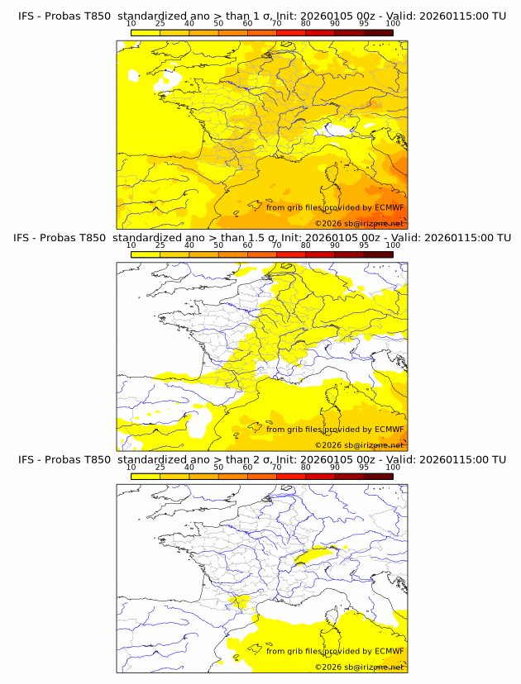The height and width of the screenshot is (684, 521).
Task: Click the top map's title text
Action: [x=261, y=16]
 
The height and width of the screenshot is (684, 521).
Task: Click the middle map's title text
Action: [x=261, y=238]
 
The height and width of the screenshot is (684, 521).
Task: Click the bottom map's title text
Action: [x=261, y=459]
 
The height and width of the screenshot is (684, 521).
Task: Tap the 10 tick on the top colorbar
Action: [x=131, y=25]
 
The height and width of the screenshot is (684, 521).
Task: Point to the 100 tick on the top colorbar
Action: [x=393, y=25]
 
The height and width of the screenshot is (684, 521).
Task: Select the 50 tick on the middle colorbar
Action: [x=218, y=245]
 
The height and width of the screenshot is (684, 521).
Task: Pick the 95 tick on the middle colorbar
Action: [x=364, y=245]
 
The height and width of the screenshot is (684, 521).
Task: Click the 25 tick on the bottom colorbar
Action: [x=160, y=468]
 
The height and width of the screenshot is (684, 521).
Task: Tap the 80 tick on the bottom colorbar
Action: [x=306, y=468]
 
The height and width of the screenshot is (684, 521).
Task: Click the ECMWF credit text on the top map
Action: [x=335, y=207]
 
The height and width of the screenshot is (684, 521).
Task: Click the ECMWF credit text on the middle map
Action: [x=335, y=430]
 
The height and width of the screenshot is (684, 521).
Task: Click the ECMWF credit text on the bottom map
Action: [x=335, y=651]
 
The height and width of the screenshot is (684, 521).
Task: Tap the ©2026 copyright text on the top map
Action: [x=359, y=223]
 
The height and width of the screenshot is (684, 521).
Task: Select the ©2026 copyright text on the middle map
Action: [x=359, y=445]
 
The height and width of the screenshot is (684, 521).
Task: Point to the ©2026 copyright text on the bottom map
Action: [x=359, y=667]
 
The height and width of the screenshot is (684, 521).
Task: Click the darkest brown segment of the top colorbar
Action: [x=378, y=32]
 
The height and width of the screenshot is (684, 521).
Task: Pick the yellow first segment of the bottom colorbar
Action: [x=146, y=476]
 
